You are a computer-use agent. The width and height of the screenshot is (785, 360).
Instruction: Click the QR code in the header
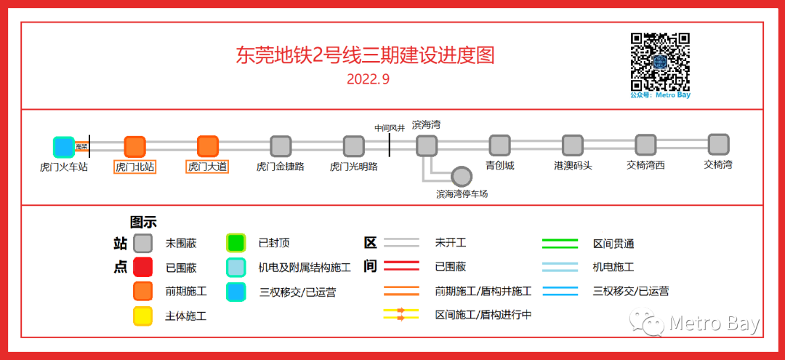coord(660,61)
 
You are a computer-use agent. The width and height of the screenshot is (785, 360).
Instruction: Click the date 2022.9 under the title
coord(369,79)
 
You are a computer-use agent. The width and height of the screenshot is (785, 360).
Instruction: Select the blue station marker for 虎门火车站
coord(64,147)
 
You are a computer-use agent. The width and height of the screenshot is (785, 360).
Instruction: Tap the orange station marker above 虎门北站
coord(135,147)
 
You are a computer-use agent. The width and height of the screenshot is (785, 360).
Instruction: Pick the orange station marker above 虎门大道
coord(208,147)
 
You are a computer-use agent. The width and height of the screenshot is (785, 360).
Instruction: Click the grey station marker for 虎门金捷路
coord(281,147)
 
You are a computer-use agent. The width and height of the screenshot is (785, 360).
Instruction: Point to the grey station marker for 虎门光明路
coord(354,147)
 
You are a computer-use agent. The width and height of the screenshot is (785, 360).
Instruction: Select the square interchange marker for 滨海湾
coord(427,146)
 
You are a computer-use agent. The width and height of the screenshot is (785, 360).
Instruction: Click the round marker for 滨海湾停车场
coord(462,177)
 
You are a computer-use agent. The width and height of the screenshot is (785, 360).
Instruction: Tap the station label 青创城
coord(500,166)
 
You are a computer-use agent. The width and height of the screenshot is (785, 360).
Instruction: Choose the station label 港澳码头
coord(573,166)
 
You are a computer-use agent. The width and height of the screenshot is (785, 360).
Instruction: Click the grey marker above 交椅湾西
coord(645,145)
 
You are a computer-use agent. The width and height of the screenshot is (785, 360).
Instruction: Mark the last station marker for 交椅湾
coord(718,144)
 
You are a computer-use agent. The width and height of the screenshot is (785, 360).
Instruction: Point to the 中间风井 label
coord(390,128)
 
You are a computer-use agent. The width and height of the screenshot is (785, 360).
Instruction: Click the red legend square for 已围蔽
coord(142,267)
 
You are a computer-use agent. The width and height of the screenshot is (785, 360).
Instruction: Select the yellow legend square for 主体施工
coord(142,316)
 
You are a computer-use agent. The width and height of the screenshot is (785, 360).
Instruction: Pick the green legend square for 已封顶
coord(235,243)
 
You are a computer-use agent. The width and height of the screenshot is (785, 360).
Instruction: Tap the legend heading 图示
coord(143,223)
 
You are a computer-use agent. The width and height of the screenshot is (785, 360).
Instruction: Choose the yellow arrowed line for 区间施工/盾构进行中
coord(401,315)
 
